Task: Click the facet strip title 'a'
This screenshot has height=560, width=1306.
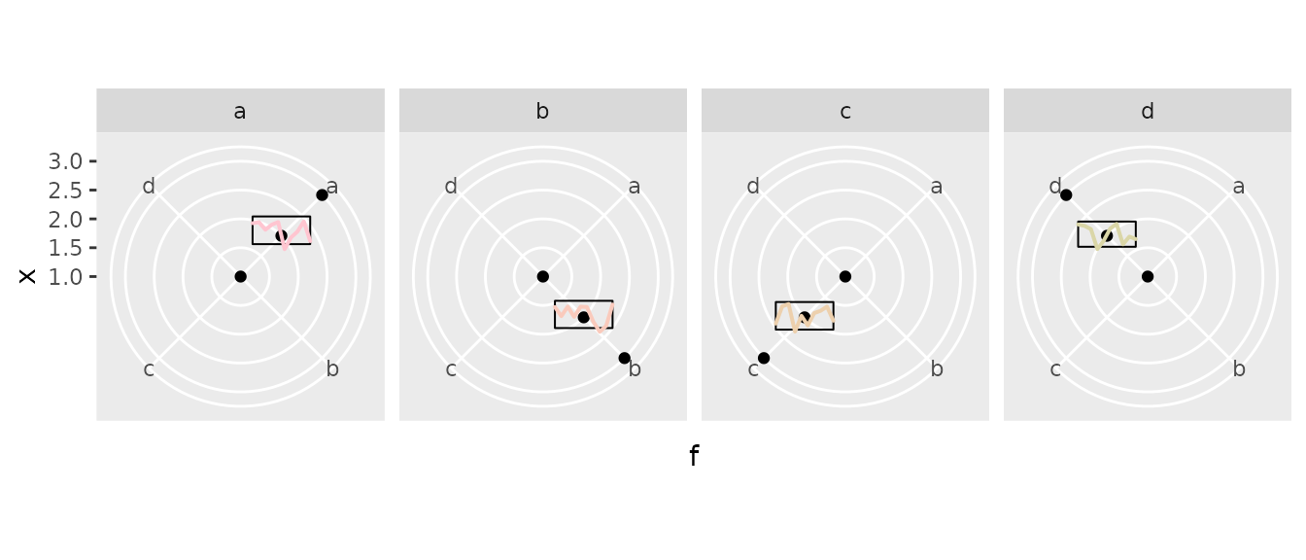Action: click(x=240, y=112)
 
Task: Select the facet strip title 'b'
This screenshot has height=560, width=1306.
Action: click(x=542, y=110)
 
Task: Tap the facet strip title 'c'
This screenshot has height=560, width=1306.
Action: click(x=844, y=112)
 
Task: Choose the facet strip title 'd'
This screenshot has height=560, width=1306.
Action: click(x=1148, y=110)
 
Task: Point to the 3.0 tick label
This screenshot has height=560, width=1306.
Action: click(x=65, y=161)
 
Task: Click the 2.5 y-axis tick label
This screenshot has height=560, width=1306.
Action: click(x=65, y=191)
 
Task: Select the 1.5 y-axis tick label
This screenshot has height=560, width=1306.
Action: click(x=65, y=249)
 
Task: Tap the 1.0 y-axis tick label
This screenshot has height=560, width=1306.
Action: click(x=65, y=277)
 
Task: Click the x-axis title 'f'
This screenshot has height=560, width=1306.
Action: click(x=694, y=456)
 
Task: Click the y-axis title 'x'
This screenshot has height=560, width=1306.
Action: click(x=27, y=276)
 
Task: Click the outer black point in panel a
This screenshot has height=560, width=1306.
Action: click(x=322, y=194)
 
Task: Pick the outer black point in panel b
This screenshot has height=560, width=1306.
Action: click(x=624, y=358)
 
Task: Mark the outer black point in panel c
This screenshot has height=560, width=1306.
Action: click(x=764, y=358)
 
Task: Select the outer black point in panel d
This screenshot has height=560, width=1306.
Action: click(x=1066, y=194)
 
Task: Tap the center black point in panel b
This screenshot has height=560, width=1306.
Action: click(x=543, y=276)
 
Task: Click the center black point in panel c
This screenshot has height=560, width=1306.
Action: click(x=844, y=276)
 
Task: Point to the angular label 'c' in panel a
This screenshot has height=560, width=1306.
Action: click(x=149, y=369)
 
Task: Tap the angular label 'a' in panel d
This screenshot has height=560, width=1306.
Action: click(x=1238, y=188)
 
